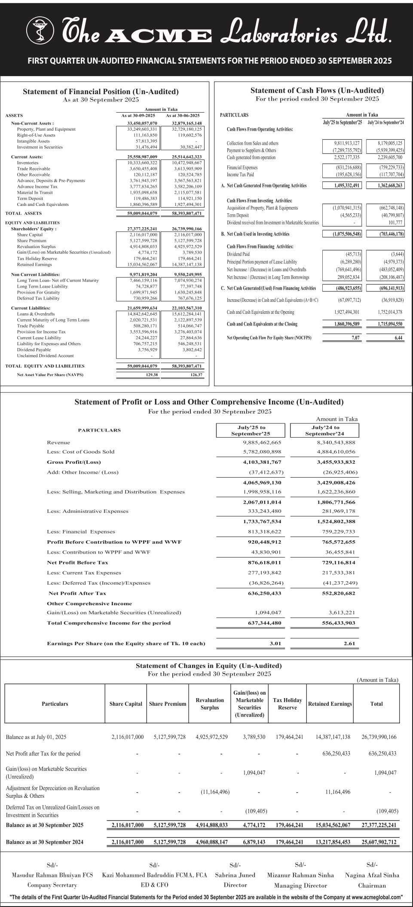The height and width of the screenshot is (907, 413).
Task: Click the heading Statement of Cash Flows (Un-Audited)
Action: [317, 91]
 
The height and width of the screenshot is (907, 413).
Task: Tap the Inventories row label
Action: [28, 163]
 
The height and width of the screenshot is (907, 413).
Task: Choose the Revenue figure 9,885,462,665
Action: [262, 442]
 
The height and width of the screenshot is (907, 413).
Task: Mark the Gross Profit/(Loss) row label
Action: [73, 462]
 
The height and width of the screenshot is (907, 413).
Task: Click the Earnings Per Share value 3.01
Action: [275, 643]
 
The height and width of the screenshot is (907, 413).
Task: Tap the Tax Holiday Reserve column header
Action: [288, 704]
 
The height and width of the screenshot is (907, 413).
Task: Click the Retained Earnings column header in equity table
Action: [330, 704]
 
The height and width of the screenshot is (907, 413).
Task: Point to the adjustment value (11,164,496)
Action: [215, 792]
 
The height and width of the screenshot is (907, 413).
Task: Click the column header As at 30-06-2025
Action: [183, 116]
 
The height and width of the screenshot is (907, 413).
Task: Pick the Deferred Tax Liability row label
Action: [38, 298]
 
